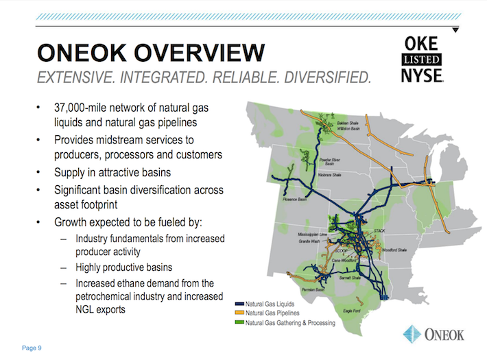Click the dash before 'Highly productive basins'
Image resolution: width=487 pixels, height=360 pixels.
(63, 267)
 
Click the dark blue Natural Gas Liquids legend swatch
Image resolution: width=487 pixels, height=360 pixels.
(240, 303)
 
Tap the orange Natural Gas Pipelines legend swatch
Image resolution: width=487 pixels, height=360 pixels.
(240, 312)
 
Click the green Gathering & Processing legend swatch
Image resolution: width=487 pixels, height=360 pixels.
(240, 322)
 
